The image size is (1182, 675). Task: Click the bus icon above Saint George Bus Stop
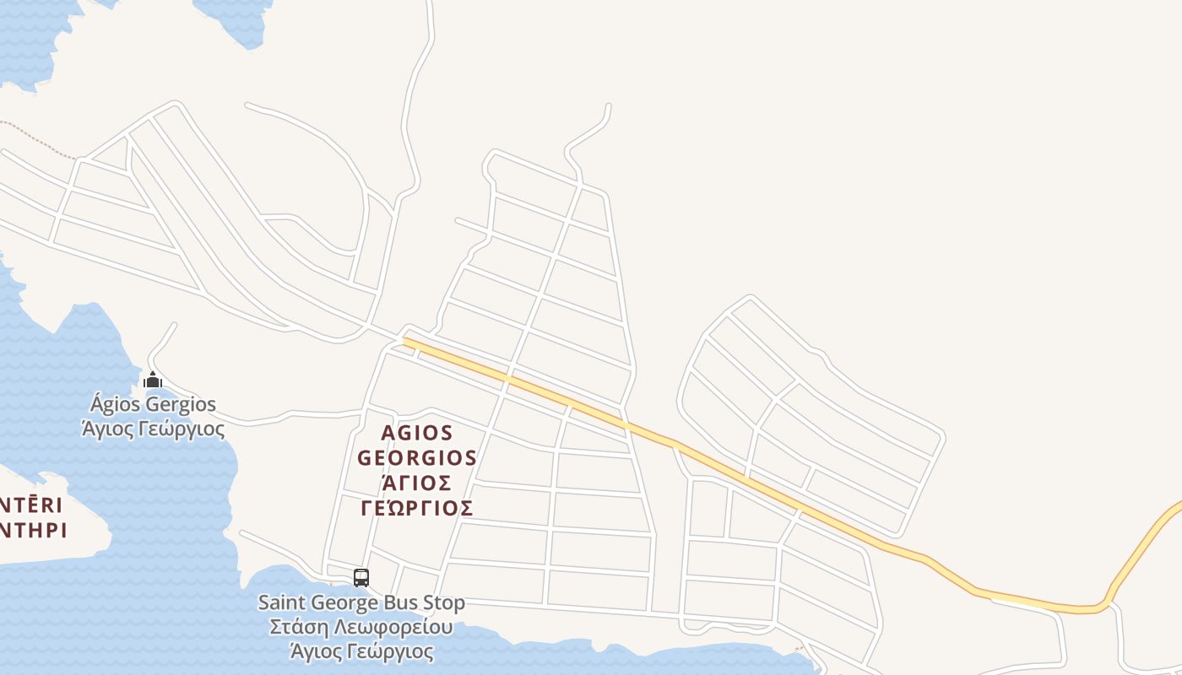361,578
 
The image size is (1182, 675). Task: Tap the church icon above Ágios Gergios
153,380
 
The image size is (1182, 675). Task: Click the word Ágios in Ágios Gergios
120,405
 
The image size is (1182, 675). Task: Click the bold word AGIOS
417,433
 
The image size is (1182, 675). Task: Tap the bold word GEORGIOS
417,458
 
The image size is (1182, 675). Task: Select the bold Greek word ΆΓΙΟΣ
417,483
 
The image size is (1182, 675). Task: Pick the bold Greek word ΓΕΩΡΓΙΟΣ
417,508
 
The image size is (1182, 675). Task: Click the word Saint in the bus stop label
284,603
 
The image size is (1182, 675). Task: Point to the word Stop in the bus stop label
444,603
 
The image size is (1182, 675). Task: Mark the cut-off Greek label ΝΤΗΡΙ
34,531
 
